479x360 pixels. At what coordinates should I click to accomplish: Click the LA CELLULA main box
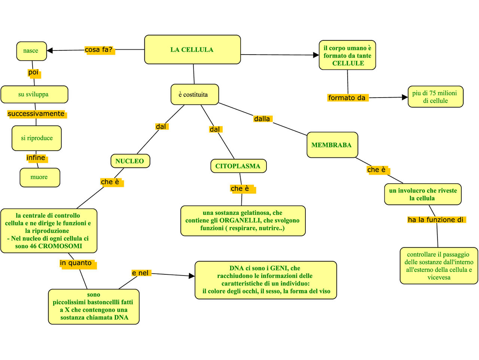[192, 50]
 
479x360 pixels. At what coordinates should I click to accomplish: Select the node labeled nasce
[31, 51]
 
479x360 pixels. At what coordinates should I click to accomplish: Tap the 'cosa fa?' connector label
[99, 50]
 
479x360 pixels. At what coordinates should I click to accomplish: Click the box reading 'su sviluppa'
[34, 95]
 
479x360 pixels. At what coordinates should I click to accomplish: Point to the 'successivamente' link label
[36, 114]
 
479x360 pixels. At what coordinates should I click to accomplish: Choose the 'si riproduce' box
[37, 138]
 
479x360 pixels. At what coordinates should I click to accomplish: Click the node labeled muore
[40, 177]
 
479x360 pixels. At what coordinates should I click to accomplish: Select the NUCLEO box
[130, 161]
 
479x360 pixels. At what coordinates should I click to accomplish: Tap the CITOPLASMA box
[238, 166]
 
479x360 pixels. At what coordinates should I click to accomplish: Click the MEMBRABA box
[332, 145]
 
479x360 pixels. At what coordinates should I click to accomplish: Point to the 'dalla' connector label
[262, 119]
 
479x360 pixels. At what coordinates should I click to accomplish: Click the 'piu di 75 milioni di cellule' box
[435, 97]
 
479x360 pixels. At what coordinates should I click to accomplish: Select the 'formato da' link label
[347, 98]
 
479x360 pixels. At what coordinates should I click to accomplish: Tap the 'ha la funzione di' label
[436, 220]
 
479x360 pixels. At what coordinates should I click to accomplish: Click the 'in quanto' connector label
[76, 263]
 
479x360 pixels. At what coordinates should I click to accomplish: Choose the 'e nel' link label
[141, 273]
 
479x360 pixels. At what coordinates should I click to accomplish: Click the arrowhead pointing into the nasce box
[50, 50]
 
